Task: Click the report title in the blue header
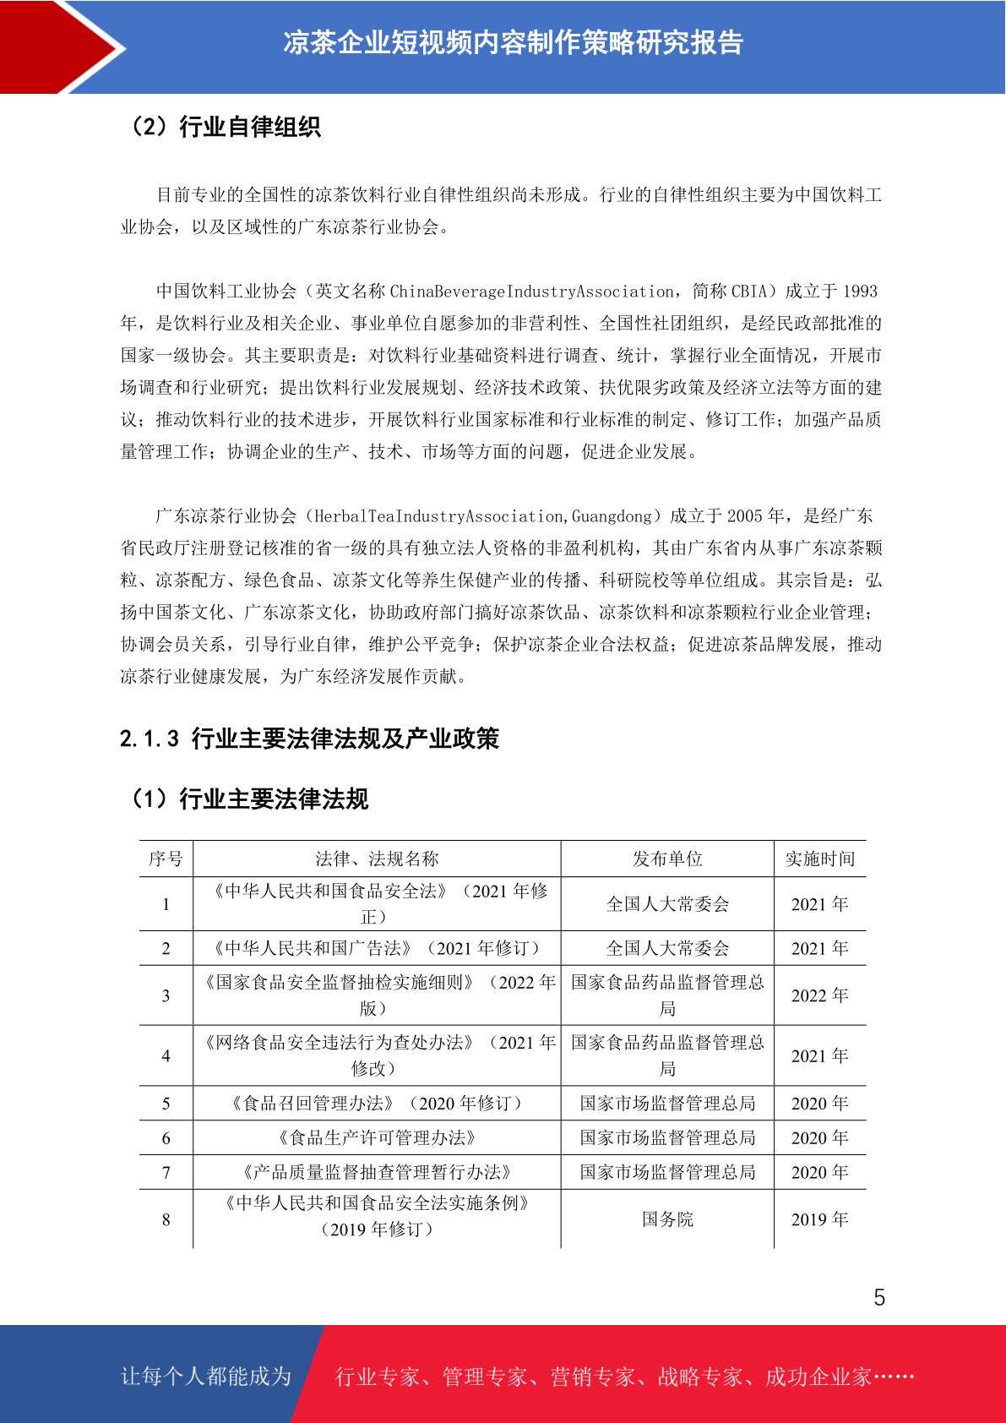513,42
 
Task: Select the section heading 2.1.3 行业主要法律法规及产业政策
309,739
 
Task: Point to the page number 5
879,1298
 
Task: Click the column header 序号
166,859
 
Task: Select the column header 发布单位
667,859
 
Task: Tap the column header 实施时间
819,859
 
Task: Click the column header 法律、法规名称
377,859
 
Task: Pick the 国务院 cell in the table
667,1219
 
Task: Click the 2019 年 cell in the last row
819,1219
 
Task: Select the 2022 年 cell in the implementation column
819,995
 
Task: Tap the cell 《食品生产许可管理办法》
377,1138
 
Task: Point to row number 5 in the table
166,1104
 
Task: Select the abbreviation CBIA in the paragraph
749,292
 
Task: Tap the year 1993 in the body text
860,292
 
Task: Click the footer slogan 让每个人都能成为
206,1377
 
